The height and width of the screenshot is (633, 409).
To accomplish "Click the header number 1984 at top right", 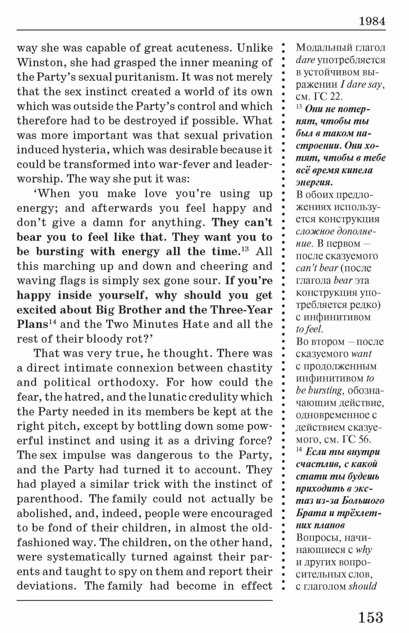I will pos(372,22).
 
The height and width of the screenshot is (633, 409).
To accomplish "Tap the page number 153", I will pos(370,617).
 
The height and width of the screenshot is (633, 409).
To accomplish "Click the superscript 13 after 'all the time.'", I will pos(245,248).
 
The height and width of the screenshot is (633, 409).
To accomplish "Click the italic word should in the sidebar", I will pos(363,586).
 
